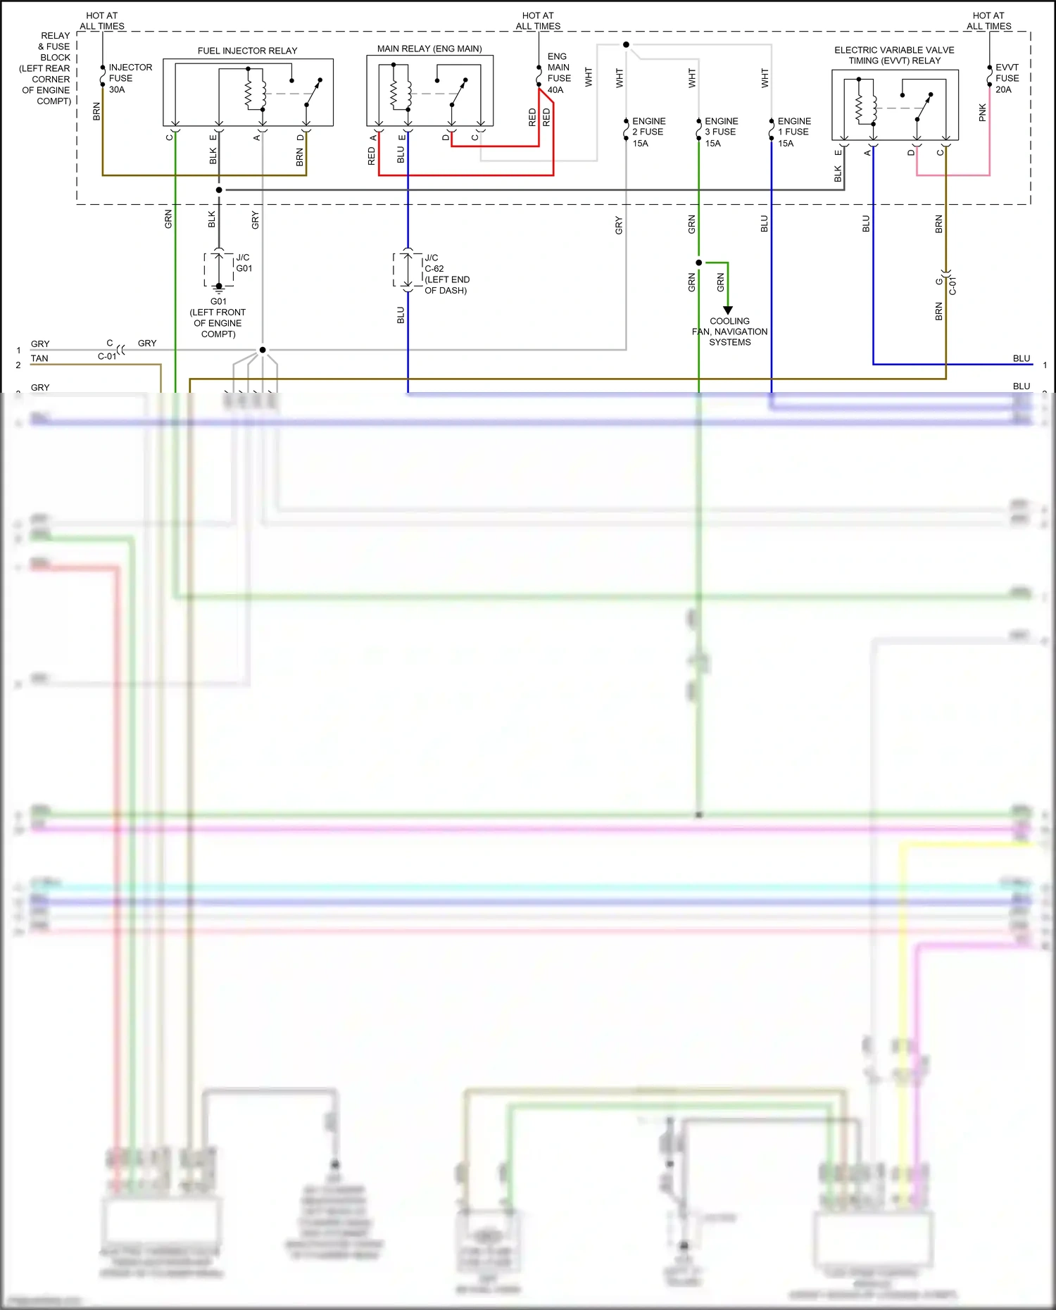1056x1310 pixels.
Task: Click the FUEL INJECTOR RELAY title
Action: (247, 51)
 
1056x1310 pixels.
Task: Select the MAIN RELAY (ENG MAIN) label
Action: (429, 49)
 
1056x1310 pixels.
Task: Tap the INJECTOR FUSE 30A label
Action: (130, 78)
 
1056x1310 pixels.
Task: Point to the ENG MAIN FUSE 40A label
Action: (559, 73)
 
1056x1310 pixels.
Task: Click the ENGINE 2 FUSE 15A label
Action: (648, 132)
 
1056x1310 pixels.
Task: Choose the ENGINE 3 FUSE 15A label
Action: (721, 132)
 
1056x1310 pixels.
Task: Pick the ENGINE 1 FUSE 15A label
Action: (794, 132)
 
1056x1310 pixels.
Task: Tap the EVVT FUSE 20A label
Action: (1007, 78)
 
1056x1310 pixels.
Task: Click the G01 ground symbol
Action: (219, 287)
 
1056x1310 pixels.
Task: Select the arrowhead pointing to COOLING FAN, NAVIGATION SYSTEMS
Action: (728, 310)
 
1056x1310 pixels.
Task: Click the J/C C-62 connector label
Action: (446, 274)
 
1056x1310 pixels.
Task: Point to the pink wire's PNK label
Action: (983, 112)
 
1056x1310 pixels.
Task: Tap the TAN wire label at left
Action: (39, 358)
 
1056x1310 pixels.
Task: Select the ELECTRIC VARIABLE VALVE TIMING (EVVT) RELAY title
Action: (894, 55)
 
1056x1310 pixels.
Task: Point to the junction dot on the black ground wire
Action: (219, 190)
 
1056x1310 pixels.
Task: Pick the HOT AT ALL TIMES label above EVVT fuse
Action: (988, 20)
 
